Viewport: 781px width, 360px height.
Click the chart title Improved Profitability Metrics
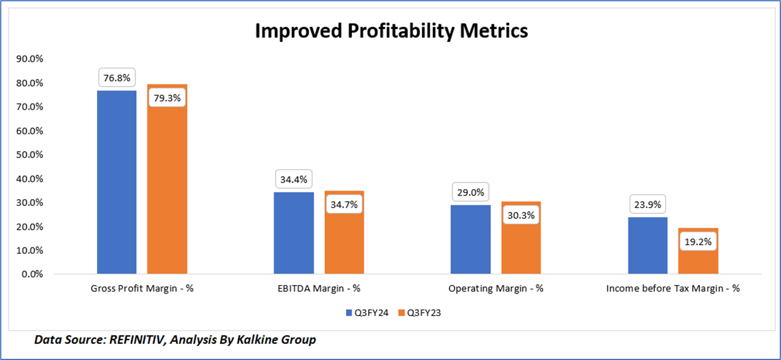click(391, 31)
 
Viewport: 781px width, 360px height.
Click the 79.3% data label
click(167, 97)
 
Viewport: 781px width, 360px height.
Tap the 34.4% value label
click(294, 179)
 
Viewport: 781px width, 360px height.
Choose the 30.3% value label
click(521, 216)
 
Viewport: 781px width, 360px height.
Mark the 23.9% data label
click(648, 204)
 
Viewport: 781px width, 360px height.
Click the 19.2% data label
click(698, 242)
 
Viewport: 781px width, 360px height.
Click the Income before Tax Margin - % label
click(673, 288)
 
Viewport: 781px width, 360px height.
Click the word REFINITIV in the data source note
click(136, 340)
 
